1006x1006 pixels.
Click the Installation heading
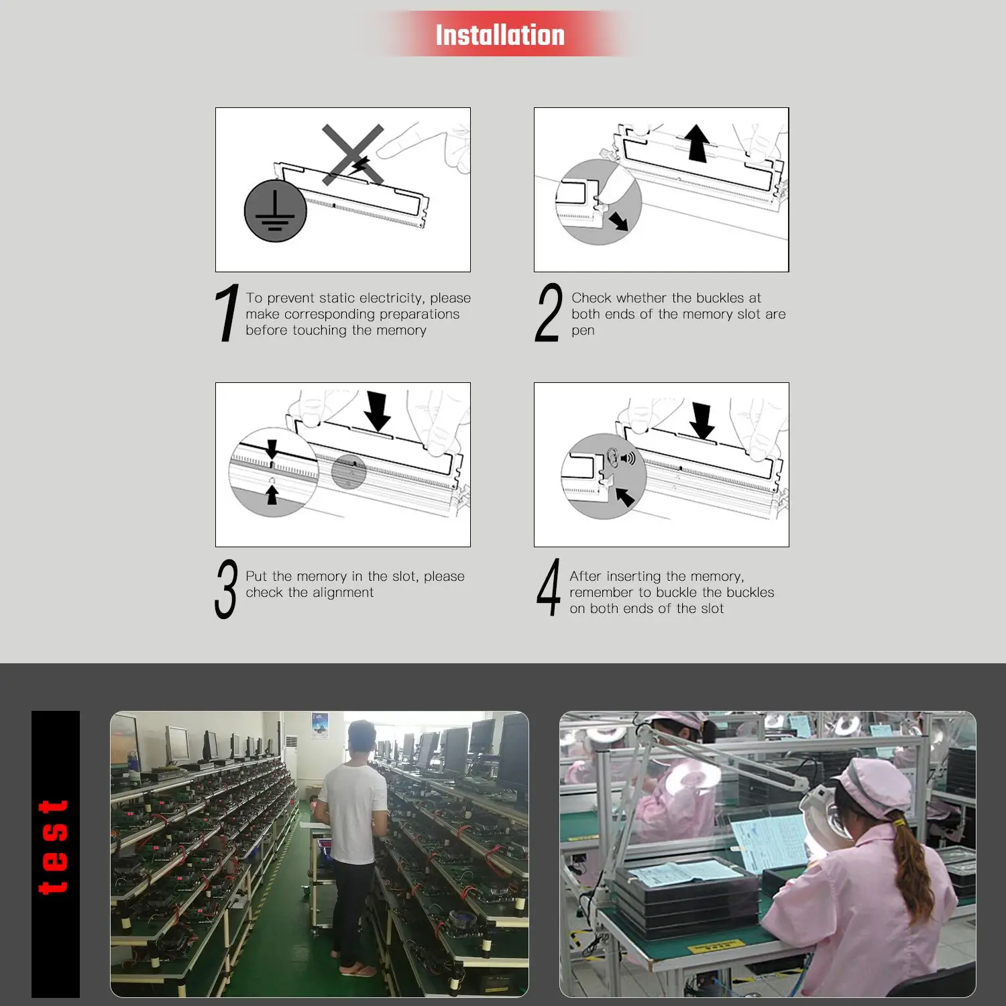point(500,35)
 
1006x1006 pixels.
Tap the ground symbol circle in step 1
point(276,211)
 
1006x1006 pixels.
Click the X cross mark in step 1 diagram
point(353,154)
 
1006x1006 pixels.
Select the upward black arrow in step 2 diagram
point(697,143)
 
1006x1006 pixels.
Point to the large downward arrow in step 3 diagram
point(378,410)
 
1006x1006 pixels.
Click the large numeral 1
point(227,313)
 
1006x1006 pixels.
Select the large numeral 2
point(549,313)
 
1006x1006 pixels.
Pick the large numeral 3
point(226,589)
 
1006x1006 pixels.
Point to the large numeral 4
point(549,588)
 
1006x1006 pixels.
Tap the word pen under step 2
point(583,331)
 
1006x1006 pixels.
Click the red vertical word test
point(54,847)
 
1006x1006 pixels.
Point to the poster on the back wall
point(320,726)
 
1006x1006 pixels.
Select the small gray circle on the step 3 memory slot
point(349,471)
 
